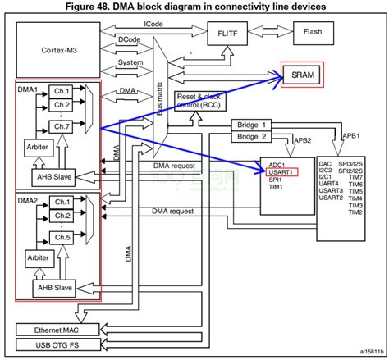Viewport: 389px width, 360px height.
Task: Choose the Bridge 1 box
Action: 252,124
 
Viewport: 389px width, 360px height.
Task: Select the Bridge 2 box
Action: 252,137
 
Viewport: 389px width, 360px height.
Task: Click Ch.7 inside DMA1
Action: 62,126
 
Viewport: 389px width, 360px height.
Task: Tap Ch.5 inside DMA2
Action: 62,237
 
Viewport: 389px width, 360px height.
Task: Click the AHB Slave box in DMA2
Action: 55,289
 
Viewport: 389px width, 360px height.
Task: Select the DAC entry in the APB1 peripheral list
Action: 324,164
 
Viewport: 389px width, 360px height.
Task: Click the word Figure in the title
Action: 89,7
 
